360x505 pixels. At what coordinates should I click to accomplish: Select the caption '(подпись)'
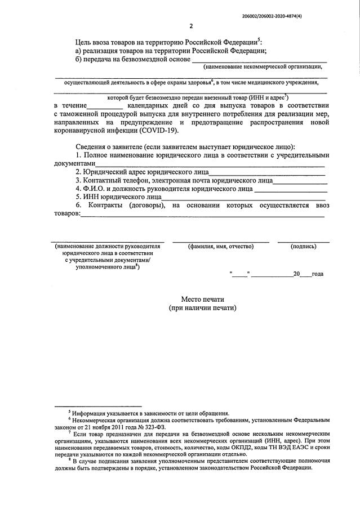pyautogui.click(x=303, y=247)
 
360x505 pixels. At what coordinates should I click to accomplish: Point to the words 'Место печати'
pyautogui.click(x=202, y=299)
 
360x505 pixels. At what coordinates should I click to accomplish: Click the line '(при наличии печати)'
pyautogui.click(x=202, y=309)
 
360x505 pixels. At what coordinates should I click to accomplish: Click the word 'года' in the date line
pyautogui.click(x=317, y=274)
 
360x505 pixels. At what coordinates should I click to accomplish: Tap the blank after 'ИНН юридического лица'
pyautogui.click(x=243, y=198)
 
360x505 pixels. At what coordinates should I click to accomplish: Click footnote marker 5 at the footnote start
pyautogui.click(x=69, y=412)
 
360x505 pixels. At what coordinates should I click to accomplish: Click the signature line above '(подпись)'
pyautogui.click(x=303, y=242)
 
